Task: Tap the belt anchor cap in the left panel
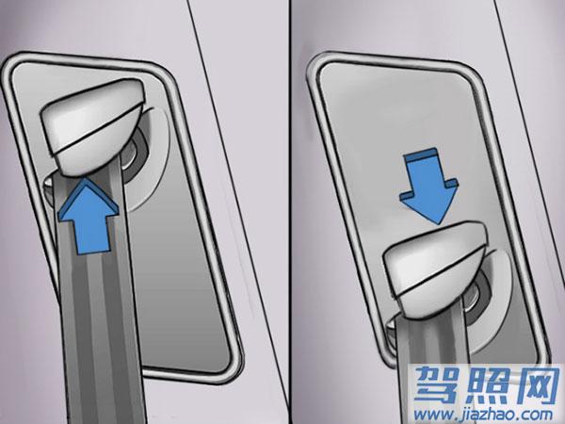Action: (x=93, y=126)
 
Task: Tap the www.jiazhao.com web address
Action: (x=484, y=415)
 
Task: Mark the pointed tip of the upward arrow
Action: (x=86, y=178)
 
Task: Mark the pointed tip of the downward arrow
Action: (x=438, y=224)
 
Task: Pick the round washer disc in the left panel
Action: (x=144, y=158)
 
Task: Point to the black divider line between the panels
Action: (x=290, y=212)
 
